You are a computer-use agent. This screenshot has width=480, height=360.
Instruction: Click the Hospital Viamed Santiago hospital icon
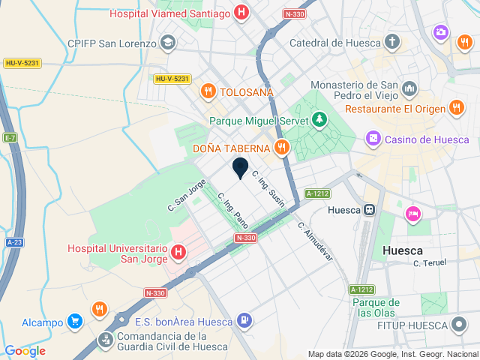coord(241,12)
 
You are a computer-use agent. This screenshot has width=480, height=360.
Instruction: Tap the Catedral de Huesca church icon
coord(391,41)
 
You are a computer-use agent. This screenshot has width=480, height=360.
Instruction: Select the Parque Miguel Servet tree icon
coord(320,119)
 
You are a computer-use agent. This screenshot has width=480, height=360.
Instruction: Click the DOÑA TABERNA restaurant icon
coord(282,147)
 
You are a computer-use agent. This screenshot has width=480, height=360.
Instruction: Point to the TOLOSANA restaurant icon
coord(207,91)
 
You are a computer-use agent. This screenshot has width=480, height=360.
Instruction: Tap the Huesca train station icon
coord(369,210)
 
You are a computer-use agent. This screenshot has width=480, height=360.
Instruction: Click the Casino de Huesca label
coord(427,139)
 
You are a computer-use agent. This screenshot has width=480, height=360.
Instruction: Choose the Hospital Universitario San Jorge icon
coord(178,253)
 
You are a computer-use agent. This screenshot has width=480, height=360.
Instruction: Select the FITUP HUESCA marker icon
coord(459,325)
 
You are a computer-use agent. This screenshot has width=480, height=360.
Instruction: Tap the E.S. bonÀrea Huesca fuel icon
coord(244,321)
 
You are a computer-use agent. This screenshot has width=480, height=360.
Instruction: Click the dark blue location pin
coord(240,168)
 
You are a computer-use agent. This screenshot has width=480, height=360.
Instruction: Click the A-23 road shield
coord(14,242)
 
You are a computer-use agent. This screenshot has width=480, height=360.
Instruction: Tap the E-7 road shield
coord(10,138)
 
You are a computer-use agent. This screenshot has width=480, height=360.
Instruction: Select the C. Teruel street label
coord(430,263)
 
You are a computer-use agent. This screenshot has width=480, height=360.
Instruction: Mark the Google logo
coord(25,350)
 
